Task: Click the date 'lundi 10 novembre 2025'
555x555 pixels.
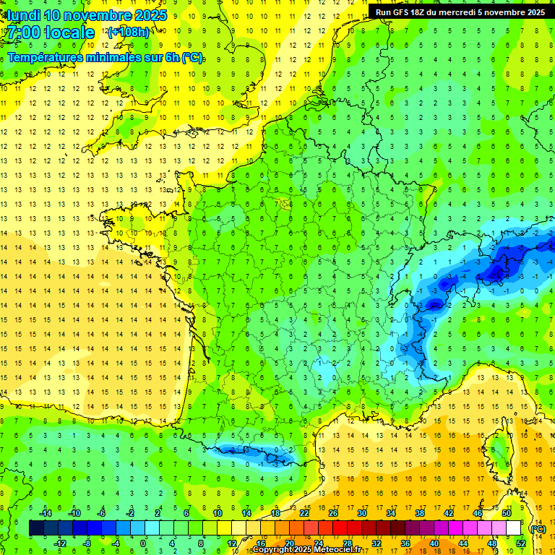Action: pos(87,15)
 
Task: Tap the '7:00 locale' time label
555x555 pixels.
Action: pos(51,33)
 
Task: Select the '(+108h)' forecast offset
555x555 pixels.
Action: pos(129,33)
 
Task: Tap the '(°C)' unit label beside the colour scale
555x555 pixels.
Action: pos(538,528)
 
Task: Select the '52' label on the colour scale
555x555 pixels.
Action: pos(521,543)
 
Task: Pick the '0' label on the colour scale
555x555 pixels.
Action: pos(142,543)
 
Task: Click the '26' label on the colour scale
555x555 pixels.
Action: pos(333,513)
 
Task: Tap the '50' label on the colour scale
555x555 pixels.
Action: pos(507,513)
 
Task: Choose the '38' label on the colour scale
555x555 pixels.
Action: pos(420,513)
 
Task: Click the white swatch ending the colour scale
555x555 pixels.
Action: pos(514,528)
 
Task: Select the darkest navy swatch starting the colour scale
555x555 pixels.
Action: pos(37,528)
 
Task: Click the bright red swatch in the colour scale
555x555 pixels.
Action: pos(340,528)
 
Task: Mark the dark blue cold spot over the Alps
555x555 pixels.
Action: pos(496,272)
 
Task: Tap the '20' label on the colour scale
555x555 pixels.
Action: pos(290,543)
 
